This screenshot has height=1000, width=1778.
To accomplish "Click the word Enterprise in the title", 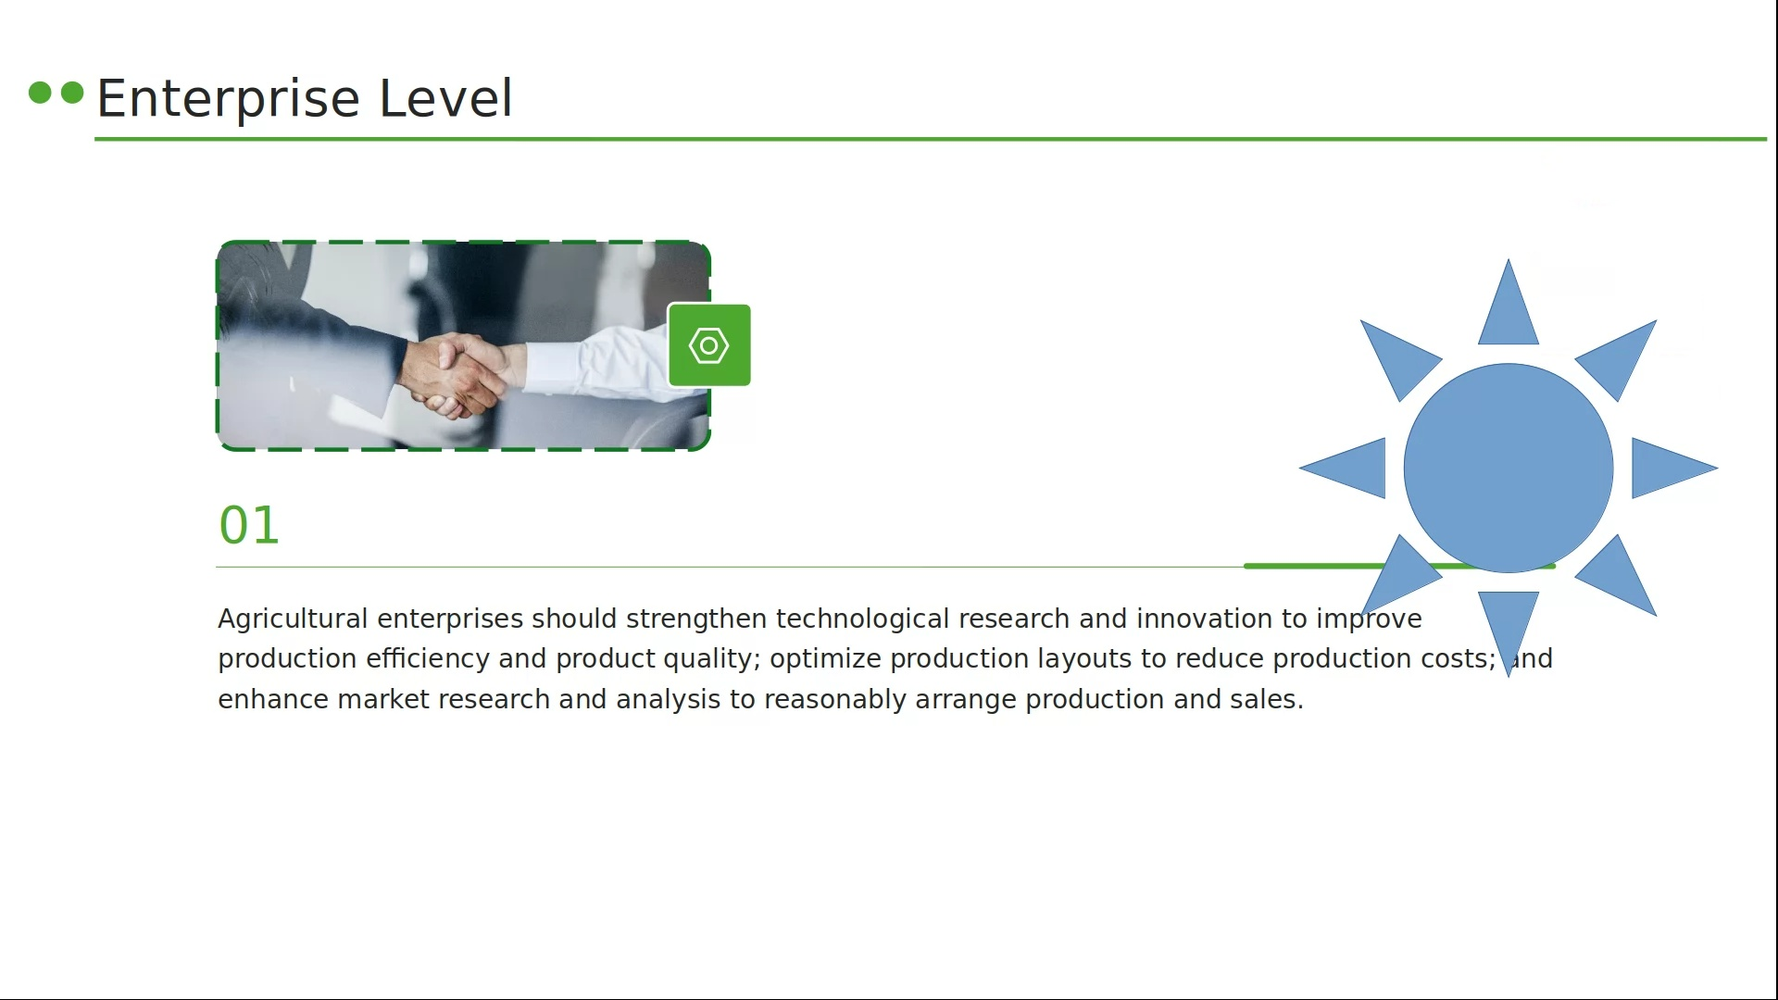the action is [228, 99].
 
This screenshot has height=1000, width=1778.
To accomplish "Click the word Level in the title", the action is [445, 97].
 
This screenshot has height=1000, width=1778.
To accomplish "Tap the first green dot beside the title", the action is [40, 93].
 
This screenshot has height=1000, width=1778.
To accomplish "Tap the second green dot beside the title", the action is [72, 93].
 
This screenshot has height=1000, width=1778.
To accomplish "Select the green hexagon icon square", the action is [709, 345].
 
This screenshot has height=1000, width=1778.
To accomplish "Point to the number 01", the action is [249, 525].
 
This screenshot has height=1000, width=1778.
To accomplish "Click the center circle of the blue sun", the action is [1509, 468].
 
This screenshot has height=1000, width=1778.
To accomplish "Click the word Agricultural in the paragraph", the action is [293, 619].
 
